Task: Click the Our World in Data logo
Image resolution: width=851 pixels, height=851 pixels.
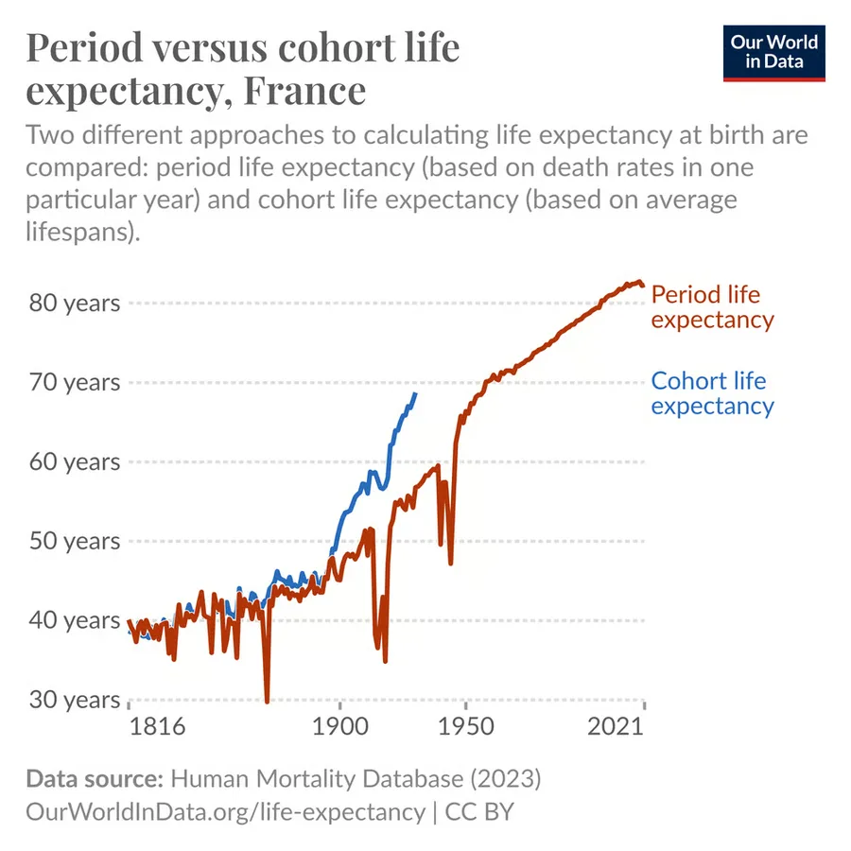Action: point(773,53)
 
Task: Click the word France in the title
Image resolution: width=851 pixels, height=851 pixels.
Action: point(305,90)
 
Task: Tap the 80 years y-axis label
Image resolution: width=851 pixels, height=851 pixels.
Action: point(75,303)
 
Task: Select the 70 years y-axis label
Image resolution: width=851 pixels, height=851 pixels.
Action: point(75,382)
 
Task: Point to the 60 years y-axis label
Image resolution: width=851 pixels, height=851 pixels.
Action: point(75,461)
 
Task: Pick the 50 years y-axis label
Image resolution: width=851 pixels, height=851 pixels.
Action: point(75,541)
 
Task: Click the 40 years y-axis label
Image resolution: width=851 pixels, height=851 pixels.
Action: point(75,620)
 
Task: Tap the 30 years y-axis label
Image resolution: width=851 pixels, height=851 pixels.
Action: point(75,700)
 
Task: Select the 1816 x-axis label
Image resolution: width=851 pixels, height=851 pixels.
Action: point(157,726)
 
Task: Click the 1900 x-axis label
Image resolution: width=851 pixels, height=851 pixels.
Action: point(340,726)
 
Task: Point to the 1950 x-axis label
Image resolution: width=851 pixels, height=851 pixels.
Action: point(465,726)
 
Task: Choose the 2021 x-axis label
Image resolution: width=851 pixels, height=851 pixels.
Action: point(616,726)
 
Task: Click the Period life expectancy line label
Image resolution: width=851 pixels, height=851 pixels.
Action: point(713,307)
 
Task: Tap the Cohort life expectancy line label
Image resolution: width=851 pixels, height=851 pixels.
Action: point(713,393)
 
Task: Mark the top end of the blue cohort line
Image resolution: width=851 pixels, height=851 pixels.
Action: point(416,393)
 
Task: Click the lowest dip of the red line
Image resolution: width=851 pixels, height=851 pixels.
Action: point(267,702)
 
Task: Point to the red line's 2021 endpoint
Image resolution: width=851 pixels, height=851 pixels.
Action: point(643,286)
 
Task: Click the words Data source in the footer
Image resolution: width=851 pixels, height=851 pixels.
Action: point(95,779)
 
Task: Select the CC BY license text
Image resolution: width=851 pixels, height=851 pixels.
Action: point(479,812)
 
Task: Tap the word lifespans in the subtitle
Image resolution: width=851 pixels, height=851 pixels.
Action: point(79,232)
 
